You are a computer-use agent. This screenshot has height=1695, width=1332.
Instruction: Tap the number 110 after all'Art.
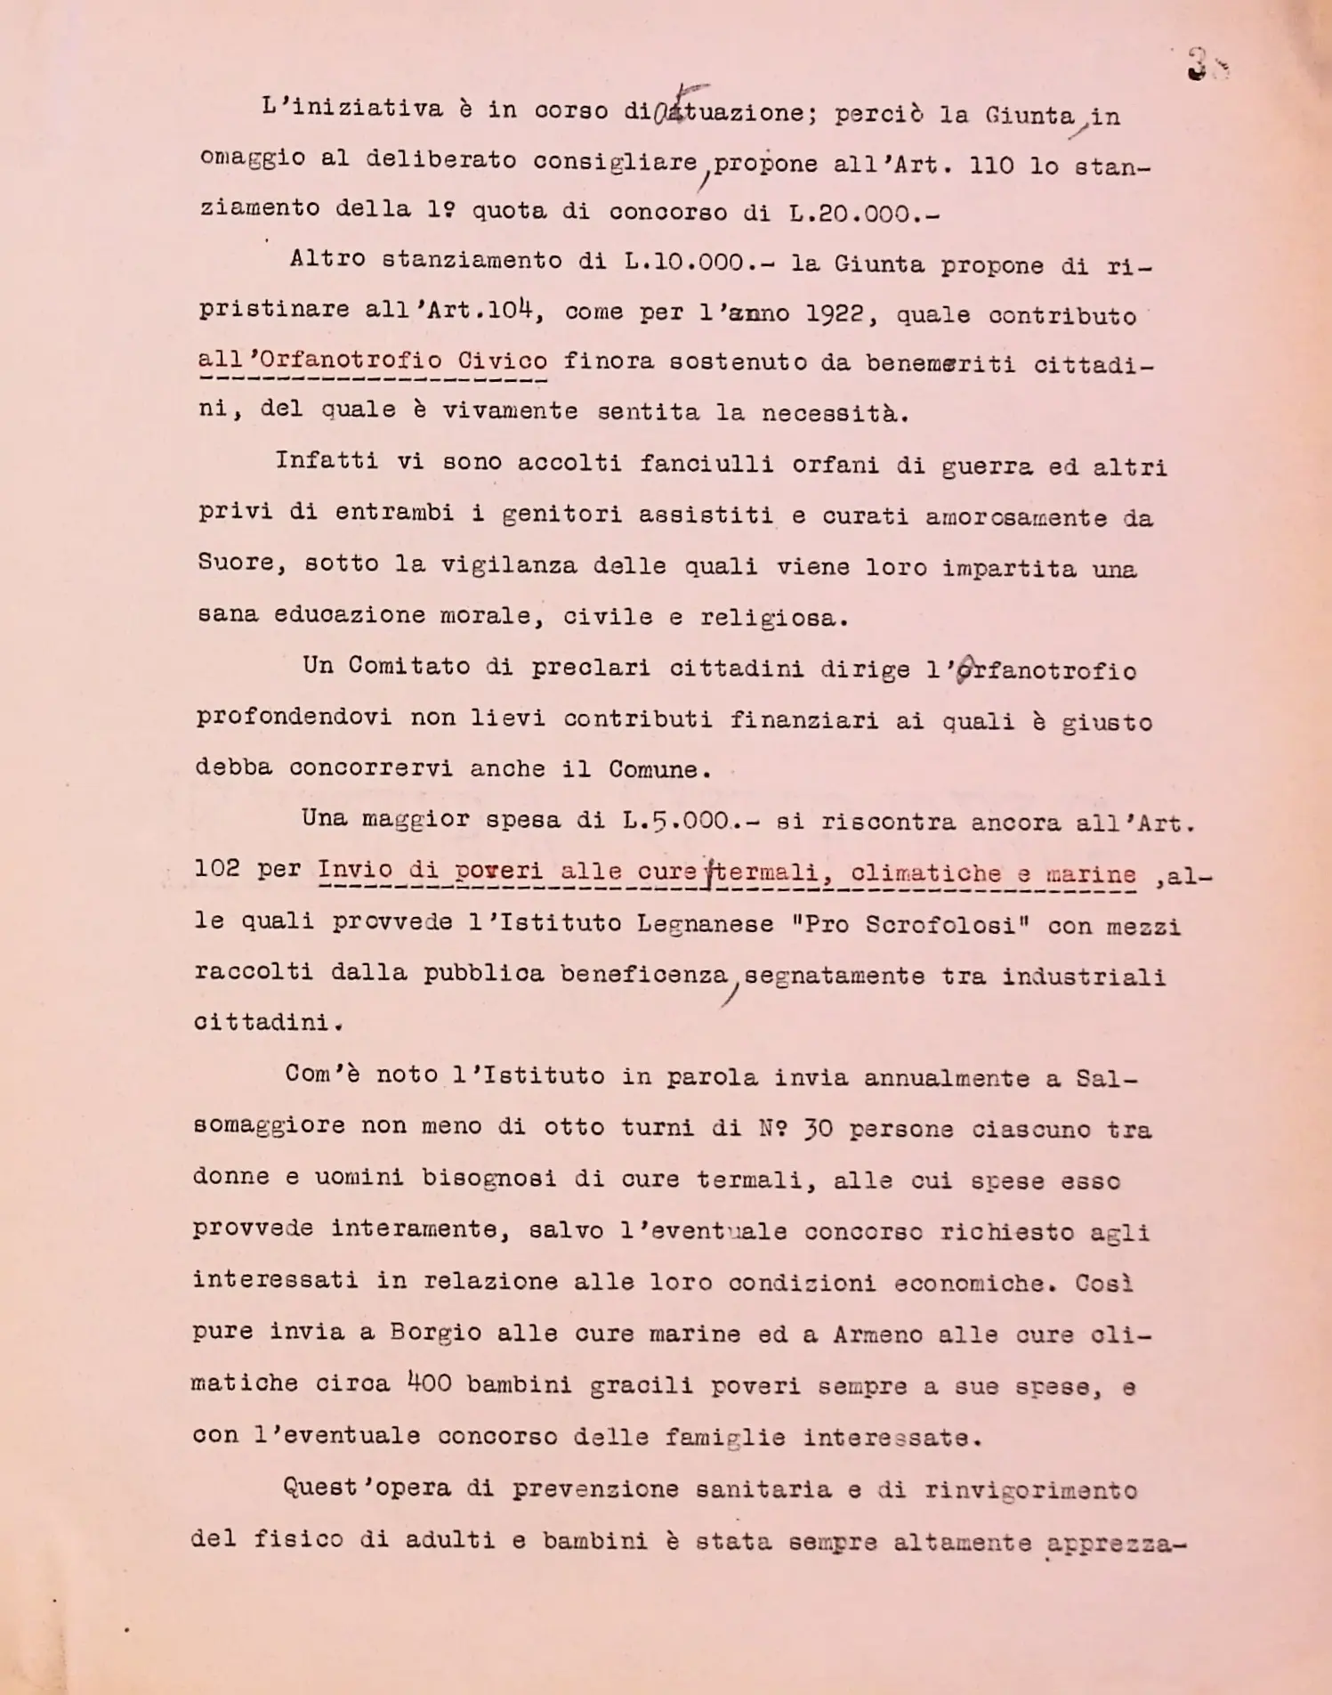coord(990,166)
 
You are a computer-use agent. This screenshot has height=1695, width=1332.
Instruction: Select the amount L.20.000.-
coord(863,214)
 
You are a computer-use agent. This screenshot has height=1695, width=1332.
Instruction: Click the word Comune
coord(658,769)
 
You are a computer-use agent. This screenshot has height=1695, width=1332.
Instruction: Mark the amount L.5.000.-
coord(690,821)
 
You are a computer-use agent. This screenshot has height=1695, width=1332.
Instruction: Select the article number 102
coord(216,868)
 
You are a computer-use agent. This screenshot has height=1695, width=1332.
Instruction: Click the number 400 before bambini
coord(429,1383)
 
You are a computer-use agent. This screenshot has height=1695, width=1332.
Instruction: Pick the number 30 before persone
coord(818,1129)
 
